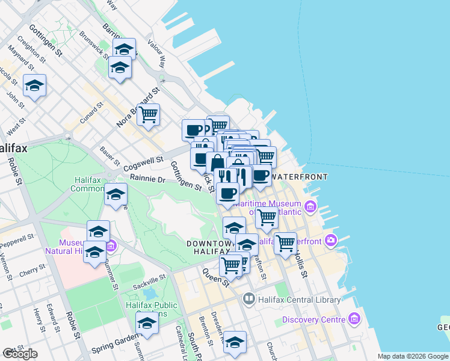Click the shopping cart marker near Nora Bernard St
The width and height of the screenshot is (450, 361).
pos(148,114)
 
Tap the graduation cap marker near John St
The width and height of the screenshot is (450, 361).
pos(34,85)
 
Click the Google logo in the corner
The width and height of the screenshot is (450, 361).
pos(20,354)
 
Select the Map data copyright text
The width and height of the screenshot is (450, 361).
pos(412,356)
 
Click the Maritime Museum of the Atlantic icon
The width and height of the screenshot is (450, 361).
pos(310,208)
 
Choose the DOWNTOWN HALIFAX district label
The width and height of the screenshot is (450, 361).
pos(208,247)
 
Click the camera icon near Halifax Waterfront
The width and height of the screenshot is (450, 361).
pos(330,241)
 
